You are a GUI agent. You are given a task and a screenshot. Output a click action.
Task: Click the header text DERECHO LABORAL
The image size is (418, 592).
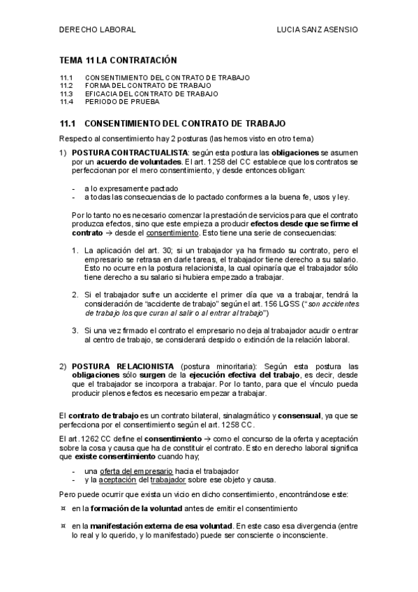coord(96,31)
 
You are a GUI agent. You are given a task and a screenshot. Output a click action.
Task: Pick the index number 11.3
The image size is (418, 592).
coord(66,93)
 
